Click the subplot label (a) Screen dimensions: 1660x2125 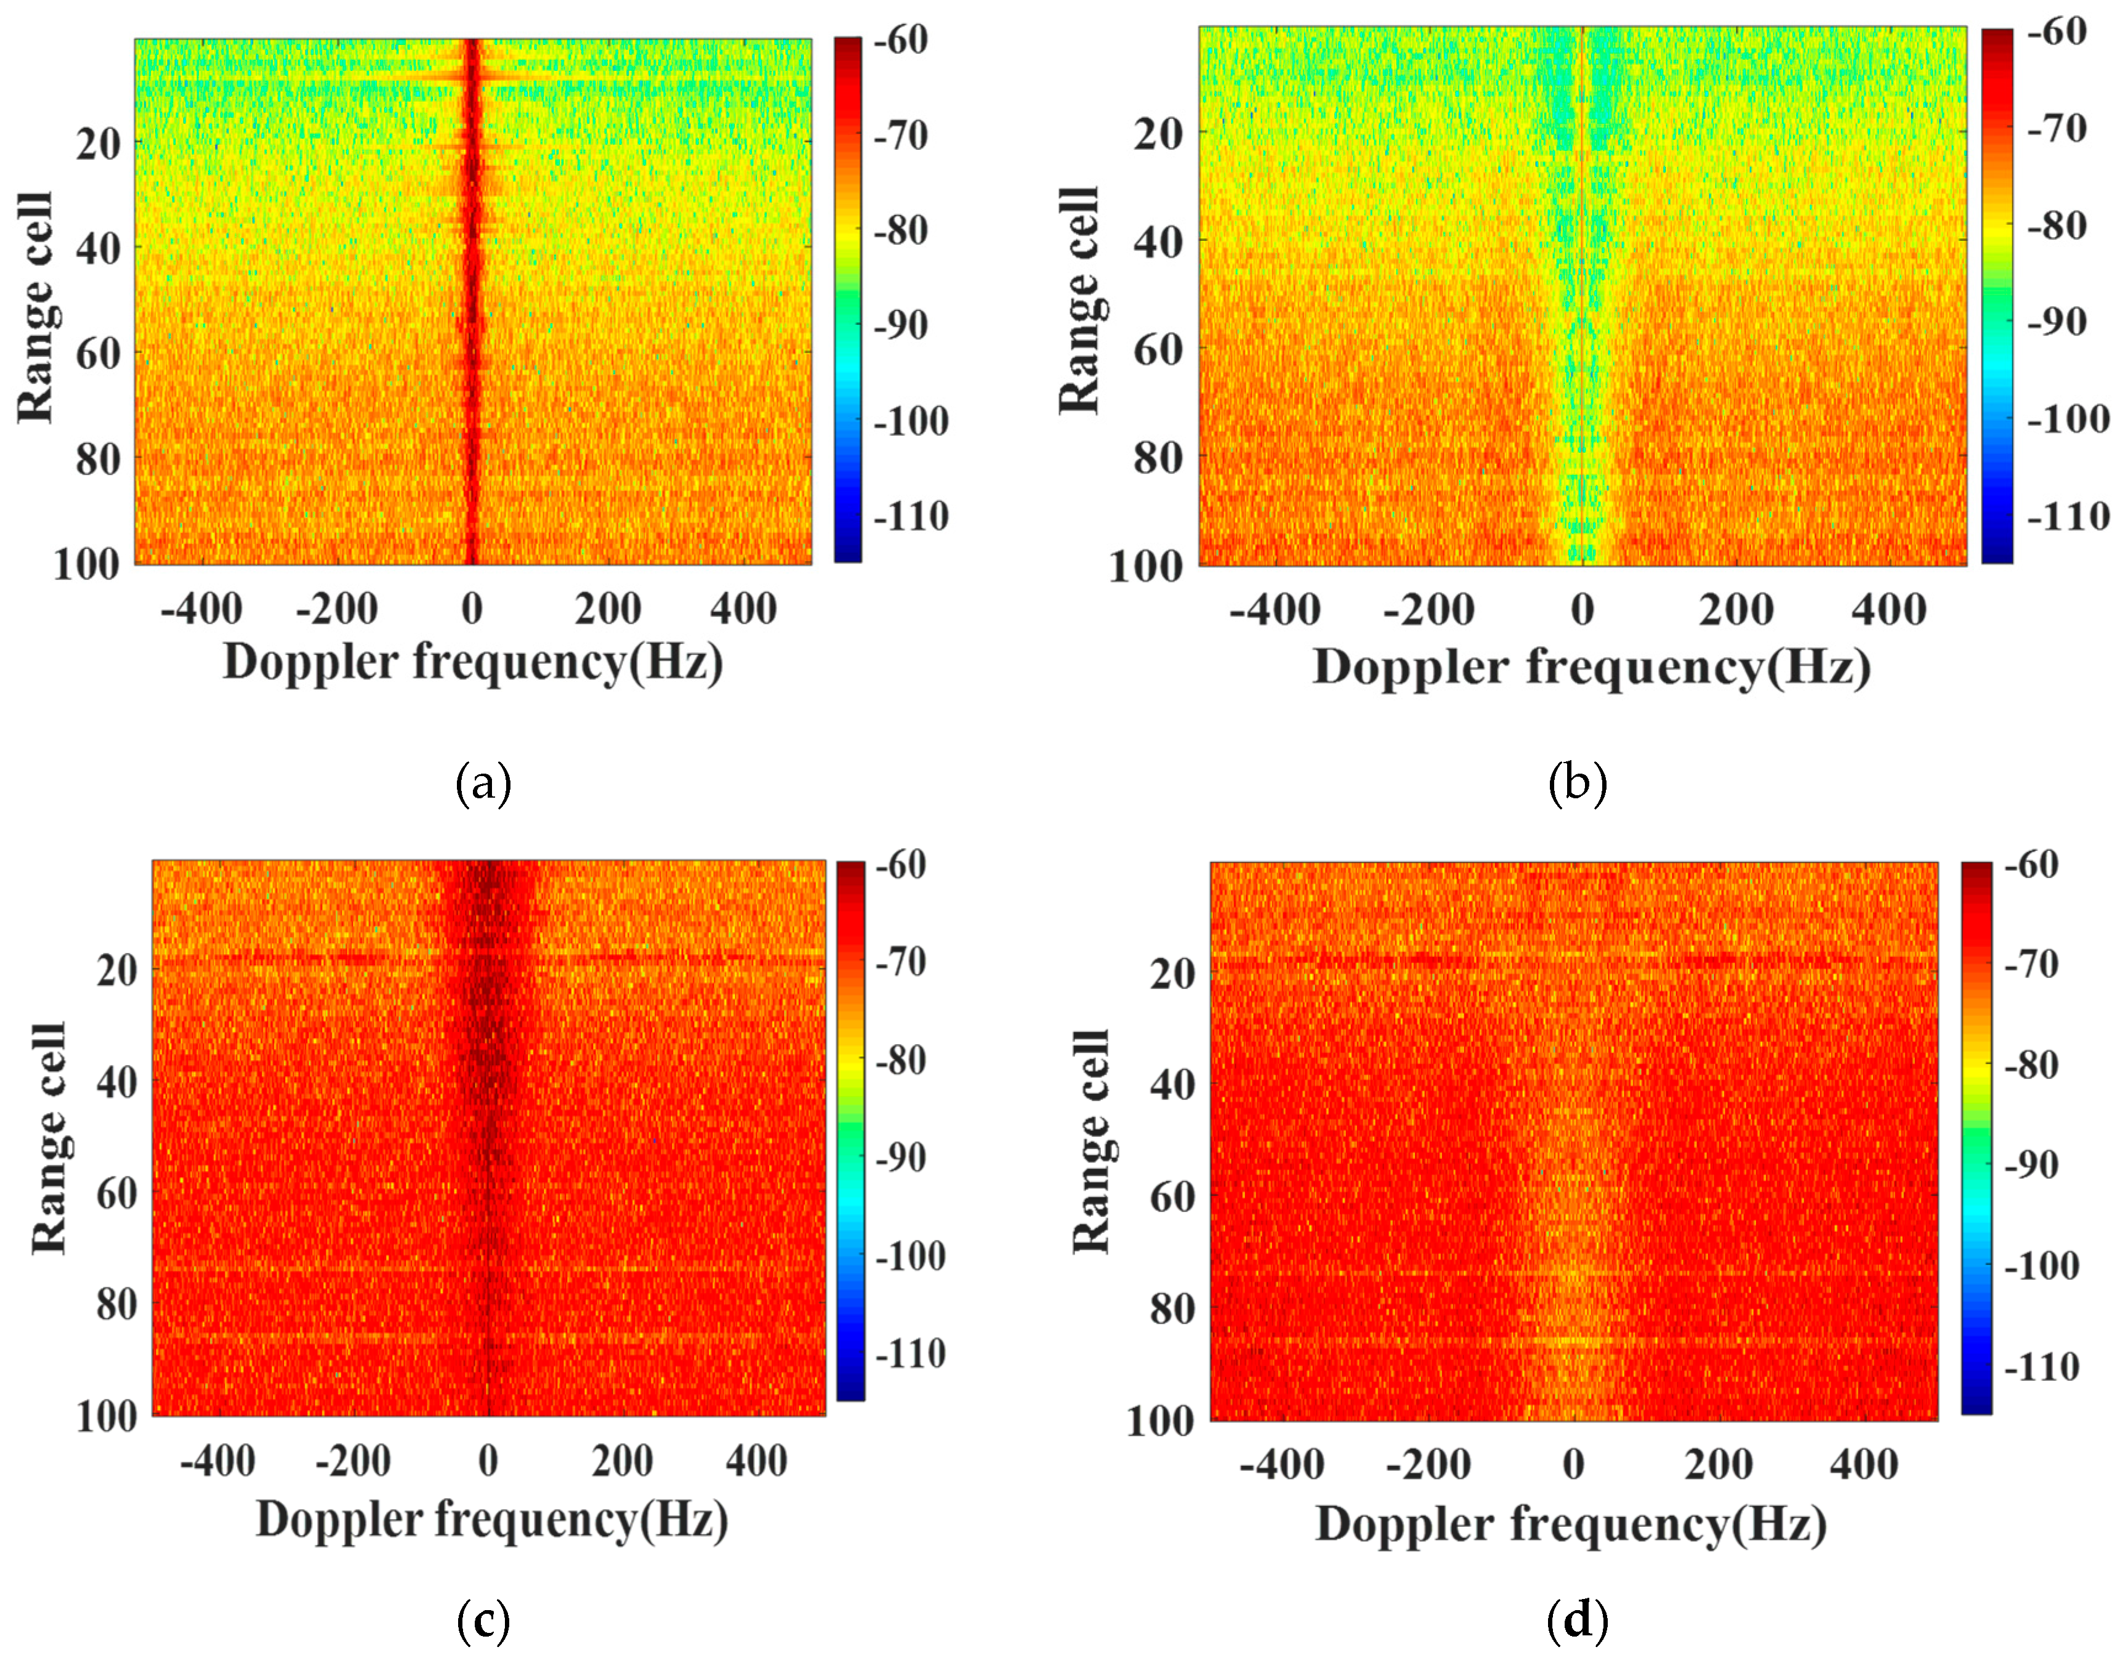(x=483, y=784)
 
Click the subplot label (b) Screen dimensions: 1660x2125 (x=1577, y=784)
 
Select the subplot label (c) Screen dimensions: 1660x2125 (x=483, y=1620)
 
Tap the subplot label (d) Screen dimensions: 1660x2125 (x=1577, y=1620)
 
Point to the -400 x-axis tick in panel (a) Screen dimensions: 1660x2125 (x=201, y=610)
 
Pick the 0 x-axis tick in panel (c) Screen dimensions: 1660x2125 (x=488, y=1462)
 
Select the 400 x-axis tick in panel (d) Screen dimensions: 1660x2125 (x=1863, y=1464)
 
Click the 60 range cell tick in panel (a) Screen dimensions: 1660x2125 (x=99, y=353)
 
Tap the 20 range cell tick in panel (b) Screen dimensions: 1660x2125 (x=1158, y=133)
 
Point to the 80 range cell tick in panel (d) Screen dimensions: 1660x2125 (x=1172, y=1310)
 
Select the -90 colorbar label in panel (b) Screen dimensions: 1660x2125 (x=2056, y=322)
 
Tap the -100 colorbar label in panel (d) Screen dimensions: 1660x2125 (x=2041, y=1266)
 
